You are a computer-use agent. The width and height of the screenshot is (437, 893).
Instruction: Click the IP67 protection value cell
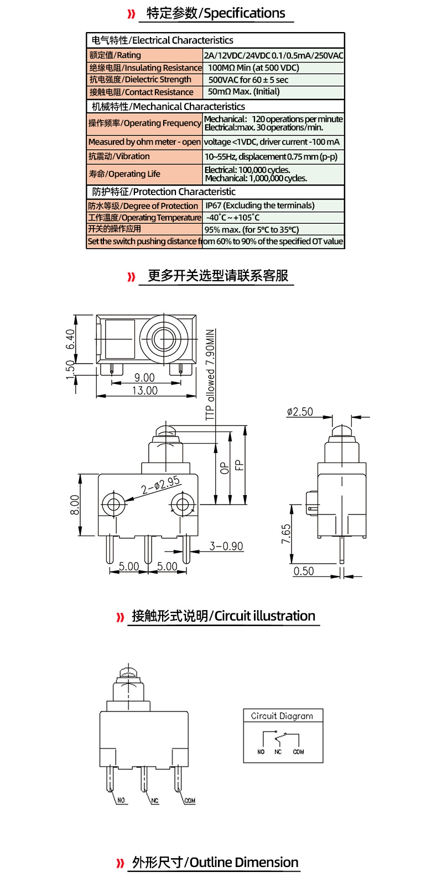(260, 206)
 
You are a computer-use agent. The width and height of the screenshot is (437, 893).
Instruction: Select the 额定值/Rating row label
(115, 55)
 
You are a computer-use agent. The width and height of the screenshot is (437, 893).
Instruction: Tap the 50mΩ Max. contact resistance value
(243, 92)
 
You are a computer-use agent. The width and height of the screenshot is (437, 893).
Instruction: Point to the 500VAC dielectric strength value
(248, 80)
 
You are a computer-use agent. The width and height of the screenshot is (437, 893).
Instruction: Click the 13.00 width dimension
(144, 391)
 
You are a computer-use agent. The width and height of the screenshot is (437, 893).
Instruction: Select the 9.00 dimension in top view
(144, 378)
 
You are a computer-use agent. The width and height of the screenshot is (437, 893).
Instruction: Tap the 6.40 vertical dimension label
(70, 339)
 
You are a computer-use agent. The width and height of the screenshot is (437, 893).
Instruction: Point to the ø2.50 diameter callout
(300, 412)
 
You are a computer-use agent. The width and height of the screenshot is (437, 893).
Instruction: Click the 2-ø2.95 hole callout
(160, 485)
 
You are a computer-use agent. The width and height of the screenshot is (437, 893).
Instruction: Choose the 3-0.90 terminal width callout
(226, 546)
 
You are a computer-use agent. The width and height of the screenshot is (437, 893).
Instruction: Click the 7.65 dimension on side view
(286, 534)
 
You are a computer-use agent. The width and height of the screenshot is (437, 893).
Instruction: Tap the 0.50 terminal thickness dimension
(304, 571)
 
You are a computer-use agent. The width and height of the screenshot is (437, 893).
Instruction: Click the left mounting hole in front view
(113, 504)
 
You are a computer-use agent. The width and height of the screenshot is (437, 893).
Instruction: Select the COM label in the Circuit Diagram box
(299, 752)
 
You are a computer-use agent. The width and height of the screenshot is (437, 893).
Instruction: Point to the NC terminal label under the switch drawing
(155, 801)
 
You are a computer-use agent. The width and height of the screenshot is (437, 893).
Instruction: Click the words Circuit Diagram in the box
(282, 716)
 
